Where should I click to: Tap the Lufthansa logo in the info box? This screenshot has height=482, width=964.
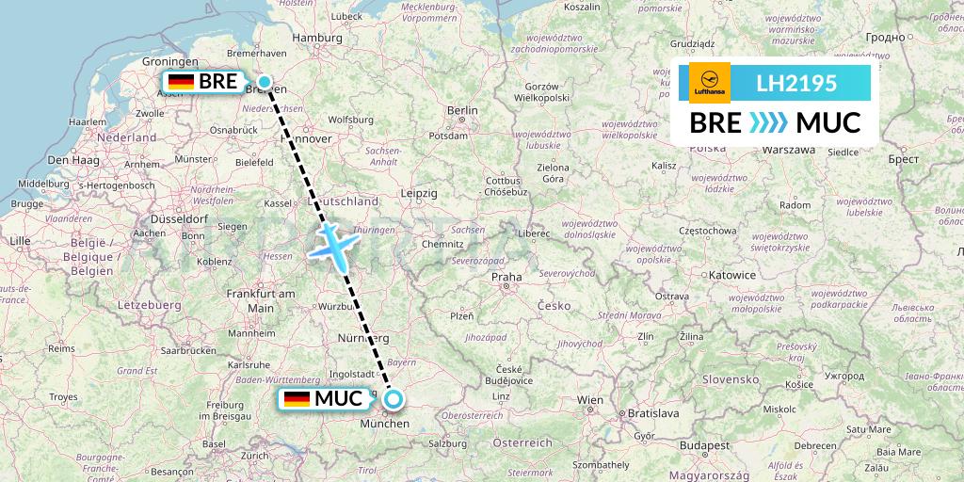pos(709,83)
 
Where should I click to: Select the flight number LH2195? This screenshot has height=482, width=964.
pos(796,84)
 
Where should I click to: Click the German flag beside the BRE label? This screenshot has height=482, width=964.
pos(181,82)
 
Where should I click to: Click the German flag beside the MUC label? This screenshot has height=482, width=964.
pos(297,399)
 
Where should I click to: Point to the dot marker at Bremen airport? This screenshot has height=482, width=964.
pos(265,82)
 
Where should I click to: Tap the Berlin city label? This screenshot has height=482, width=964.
pos(462,110)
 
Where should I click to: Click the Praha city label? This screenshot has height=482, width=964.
pos(506,277)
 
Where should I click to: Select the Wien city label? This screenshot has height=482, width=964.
pos(590,400)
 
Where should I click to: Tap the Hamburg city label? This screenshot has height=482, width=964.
pos(317,38)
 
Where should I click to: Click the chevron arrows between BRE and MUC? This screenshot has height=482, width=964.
pos(769,123)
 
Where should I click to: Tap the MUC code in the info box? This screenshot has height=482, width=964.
pos(828,123)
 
